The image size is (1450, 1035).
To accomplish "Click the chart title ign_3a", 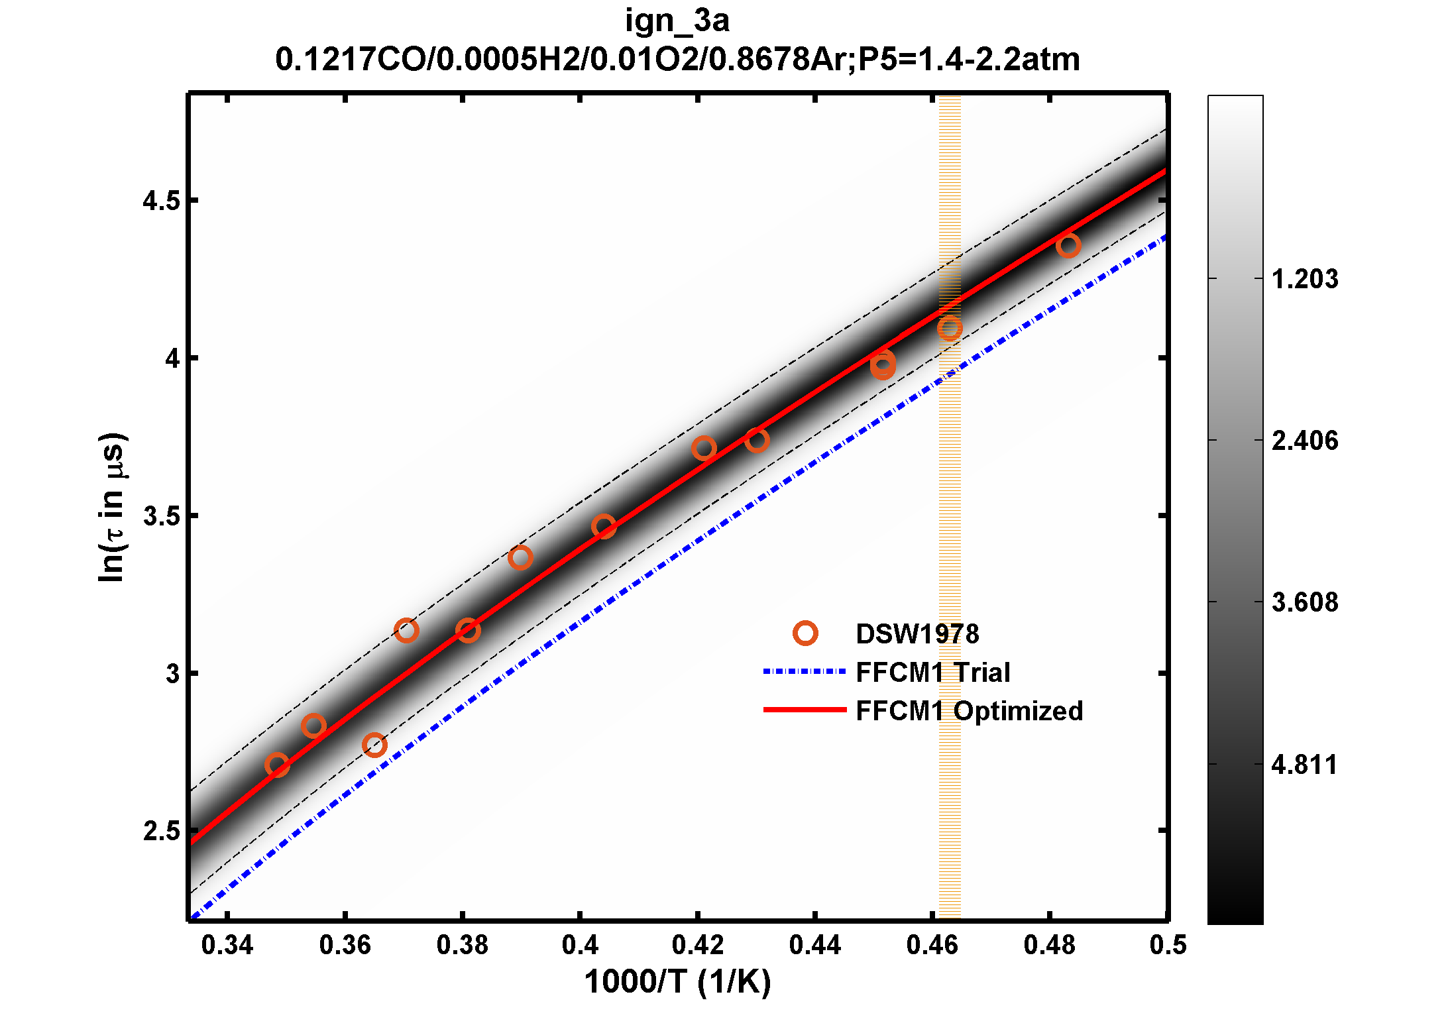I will [677, 21].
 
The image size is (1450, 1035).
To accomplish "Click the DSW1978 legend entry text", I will [917, 634].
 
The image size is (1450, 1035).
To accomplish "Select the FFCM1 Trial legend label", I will [932, 673].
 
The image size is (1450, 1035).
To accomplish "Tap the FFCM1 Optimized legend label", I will [969, 711].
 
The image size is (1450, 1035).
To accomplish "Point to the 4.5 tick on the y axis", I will [161, 200].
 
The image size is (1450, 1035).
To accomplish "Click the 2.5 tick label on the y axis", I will [161, 831].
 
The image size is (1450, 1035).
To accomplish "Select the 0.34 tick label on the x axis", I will [227, 945].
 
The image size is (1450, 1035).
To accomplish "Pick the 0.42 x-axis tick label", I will [697, 945].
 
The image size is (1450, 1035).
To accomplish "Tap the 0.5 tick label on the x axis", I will [1168, 945].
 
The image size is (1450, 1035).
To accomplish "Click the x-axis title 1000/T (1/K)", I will [677, 982].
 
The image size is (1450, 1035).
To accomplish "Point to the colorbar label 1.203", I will [1304, 279].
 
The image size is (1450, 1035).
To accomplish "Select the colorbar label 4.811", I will [1304, 765].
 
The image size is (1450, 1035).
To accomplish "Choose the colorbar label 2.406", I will [1304, 441].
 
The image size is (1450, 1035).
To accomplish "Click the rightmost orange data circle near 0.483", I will [1068, 246].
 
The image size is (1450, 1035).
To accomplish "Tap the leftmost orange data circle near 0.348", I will [277, 765].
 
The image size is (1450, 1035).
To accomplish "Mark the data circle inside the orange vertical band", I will [950, 328].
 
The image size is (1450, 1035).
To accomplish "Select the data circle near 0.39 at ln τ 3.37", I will [520, 557].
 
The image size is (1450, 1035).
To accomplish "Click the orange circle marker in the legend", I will [805, 633].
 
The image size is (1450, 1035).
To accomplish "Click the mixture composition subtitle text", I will [677, 60].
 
